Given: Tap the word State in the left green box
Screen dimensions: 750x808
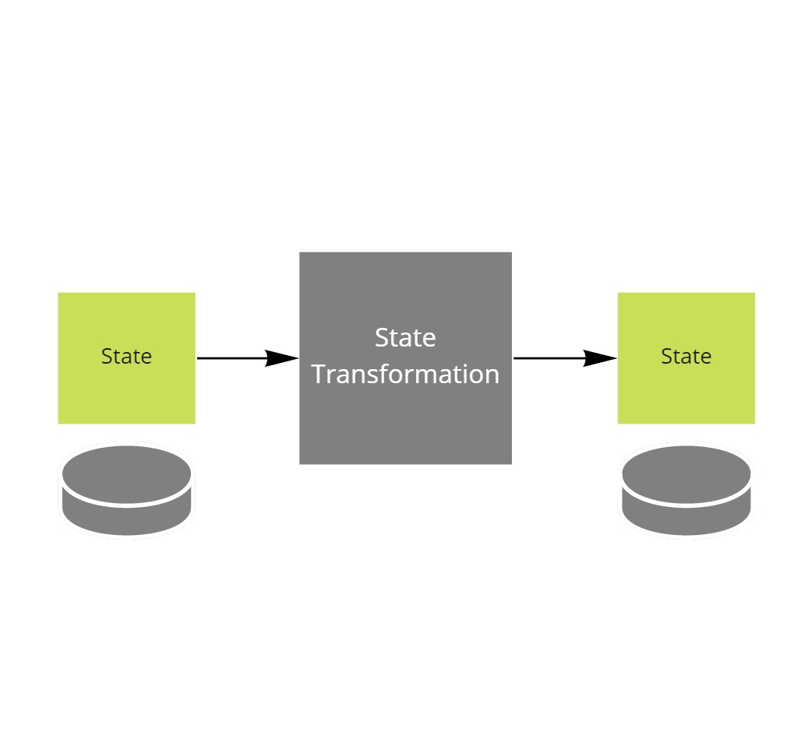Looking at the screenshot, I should click(x=126, y=357).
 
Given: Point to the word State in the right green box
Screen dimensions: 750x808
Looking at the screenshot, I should click(x=686, y=357).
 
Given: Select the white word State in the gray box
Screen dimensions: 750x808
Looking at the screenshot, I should click(x=405, y=338).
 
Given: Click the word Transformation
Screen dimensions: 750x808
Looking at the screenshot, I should click(x=405, y=375).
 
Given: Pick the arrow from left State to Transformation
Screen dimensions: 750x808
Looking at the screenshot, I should click(x=234, y=358).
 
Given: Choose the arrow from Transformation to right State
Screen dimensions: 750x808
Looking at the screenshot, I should click(x=549, y=358).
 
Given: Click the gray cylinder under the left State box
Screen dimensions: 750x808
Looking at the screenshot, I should click(x=126, y=491).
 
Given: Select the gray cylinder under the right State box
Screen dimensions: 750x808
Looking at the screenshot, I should click(x=686, y=491).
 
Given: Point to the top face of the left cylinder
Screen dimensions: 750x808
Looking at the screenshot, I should click(x=126, y=474).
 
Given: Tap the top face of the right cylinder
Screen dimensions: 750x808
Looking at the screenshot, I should click(x=686, y=474).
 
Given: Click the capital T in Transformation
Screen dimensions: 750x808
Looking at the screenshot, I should click(x=319, y=375).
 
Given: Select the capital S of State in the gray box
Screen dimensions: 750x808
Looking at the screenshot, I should click(x=382, y=338).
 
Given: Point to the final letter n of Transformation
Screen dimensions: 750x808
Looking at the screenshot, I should click(x=492, y=376).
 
